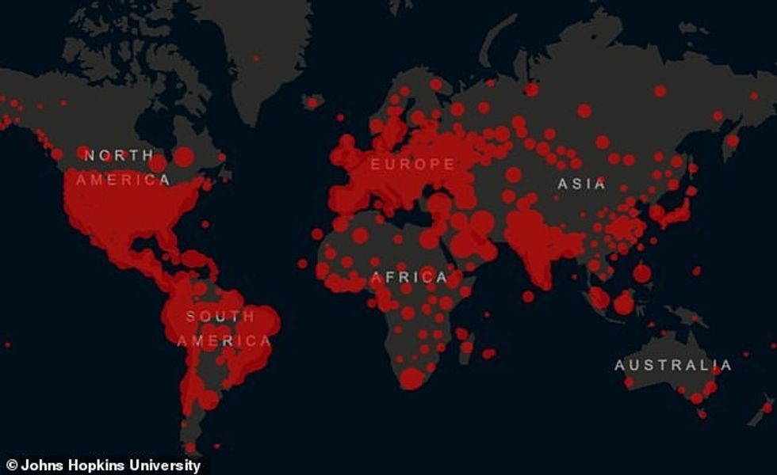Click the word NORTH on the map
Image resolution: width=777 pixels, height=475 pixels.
click(x=119, y=155)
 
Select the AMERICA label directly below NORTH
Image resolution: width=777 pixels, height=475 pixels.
click(x=123, y=180)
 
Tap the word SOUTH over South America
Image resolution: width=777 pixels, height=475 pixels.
click(x=220, y=317)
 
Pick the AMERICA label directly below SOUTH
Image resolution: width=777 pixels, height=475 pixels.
click(x=224, y=341)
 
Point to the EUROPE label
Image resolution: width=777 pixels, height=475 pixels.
click(x=413, y=165)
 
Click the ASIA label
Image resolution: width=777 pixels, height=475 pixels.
click(x=581, y=184)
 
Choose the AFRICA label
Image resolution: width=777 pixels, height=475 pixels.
click(x=409, y=277)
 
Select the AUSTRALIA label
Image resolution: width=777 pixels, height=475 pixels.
click(x=672, y=366)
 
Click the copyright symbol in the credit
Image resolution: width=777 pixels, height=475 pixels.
click(x=12, y=465)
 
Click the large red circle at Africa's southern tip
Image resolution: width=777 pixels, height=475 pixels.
click(x=411, y=378)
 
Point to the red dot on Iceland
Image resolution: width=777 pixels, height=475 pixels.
click(x=312, y=102)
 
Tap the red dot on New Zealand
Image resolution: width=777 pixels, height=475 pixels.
click(x=767, y=407)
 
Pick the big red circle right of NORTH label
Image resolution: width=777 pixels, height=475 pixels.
click(x=183, y=157)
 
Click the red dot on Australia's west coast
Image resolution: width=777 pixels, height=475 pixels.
click(x=629, y=382)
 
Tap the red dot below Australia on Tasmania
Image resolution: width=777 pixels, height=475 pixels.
click(x=702, y=413)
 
